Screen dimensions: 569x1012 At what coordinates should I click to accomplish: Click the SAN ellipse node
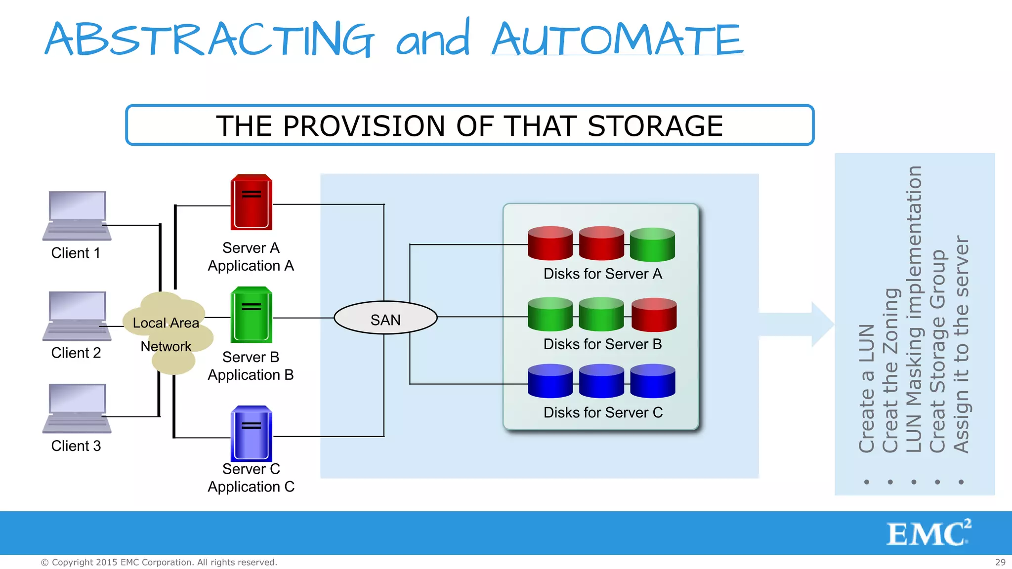(385, 318)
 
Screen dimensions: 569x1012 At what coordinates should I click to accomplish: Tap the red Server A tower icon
(252, 202)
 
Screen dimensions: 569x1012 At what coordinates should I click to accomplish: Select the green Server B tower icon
(252, 315)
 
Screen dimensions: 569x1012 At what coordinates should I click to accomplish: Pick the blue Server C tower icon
(252, 433)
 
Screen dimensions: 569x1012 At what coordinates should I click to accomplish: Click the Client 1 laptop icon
(77, 215)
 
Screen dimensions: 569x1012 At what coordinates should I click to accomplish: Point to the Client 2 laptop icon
(77, 316)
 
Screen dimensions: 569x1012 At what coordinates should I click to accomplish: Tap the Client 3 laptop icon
(77, 408)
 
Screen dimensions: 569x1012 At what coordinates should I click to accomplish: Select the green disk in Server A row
(652, 244)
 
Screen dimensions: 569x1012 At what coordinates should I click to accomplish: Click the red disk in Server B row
(654, 315)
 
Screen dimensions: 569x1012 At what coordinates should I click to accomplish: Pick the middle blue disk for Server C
(601, 381)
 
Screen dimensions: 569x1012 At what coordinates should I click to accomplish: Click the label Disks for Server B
(602, 344)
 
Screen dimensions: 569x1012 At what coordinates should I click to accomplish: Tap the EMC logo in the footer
(928, 533)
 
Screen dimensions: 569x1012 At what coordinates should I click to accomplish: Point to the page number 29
(1000, 562)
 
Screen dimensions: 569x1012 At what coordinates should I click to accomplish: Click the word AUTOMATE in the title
(617, 40)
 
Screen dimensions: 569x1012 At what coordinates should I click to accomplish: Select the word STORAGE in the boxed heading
(655, 126)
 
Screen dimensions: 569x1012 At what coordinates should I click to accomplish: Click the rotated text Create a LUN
(867, 388)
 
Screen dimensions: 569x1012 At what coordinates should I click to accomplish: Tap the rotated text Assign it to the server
(961, 344)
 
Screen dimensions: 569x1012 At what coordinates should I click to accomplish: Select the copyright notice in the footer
(159, 562)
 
